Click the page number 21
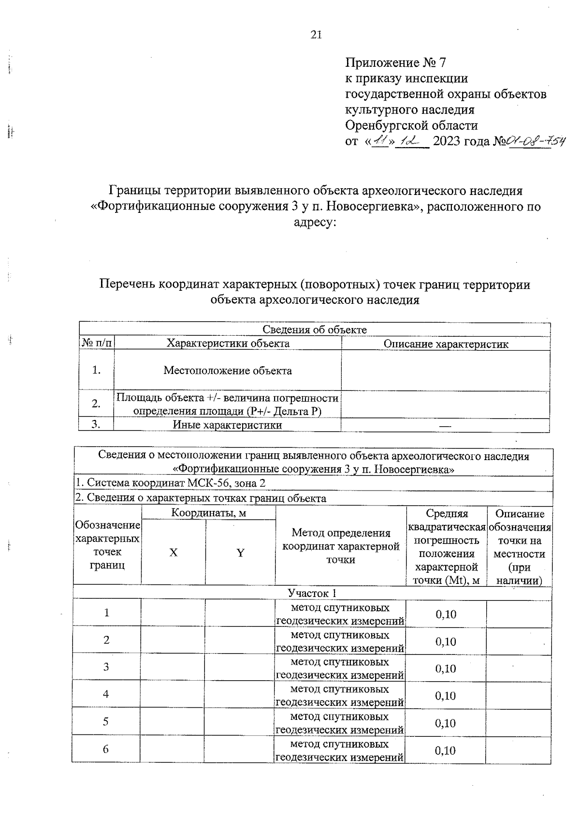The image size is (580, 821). pos(316,34)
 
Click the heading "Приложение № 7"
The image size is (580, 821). pos(395,63)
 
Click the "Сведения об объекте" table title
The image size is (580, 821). pos(314,330)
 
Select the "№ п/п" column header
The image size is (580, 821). pos(97,343)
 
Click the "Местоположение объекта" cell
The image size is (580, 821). pos(228,371)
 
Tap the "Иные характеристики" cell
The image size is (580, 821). pos(227,425)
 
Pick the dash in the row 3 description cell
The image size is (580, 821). pos(445,426)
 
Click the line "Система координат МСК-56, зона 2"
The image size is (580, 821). pos(170,483)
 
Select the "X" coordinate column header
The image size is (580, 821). pos(174,552)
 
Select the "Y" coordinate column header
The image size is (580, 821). pos(240,552)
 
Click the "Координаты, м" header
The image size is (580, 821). pos(208,513)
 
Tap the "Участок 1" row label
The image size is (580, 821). pos(312,593)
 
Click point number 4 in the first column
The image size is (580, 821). pos(106,694)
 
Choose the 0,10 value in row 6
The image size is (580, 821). pos(445,750)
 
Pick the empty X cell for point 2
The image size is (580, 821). pos(173,640)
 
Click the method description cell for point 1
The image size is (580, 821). pos(340,613)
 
